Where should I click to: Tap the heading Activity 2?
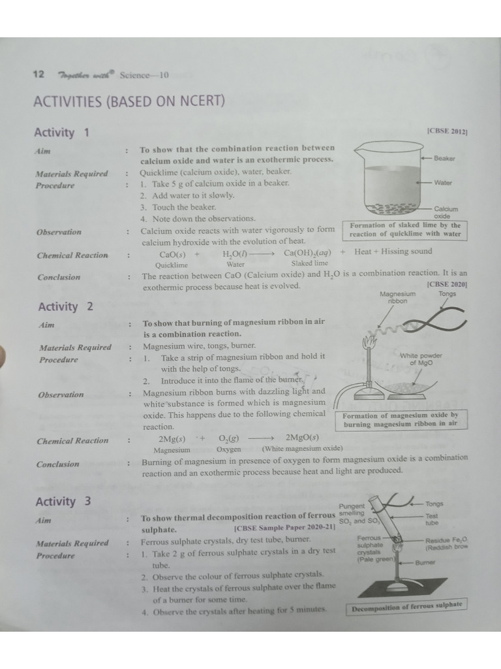[66, 306]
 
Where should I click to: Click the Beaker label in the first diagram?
[444, 159]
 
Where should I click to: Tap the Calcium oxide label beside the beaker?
[446, 212]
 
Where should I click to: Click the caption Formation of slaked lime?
[404, 230]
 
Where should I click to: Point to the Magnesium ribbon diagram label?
[398, 298]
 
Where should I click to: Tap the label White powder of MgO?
[421, 359]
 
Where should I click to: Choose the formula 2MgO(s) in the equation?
[302, 438]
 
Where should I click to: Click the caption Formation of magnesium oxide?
[401, 419]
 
